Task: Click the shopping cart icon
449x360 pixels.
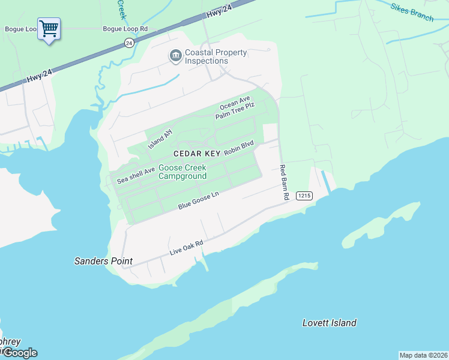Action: click(49, 28)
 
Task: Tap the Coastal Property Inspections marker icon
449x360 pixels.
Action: click(175, 56)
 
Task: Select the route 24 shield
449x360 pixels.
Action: click(129, 43)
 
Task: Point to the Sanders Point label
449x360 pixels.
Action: click(103, 261)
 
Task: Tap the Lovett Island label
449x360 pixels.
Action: click(329, 323)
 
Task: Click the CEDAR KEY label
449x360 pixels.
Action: click(197, 154)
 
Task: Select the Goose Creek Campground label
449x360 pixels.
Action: click(182, 172)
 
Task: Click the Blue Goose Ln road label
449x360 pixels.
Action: click(199, 200)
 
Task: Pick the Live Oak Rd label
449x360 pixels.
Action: click(187, 248)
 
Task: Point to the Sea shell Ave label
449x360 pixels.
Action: click(136, 175)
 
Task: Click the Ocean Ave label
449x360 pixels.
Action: click(234, 103)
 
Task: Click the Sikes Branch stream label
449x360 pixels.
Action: click(412, 12)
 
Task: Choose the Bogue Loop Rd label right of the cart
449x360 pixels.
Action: click(125, 29)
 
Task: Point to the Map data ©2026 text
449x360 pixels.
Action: click(423, 355)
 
